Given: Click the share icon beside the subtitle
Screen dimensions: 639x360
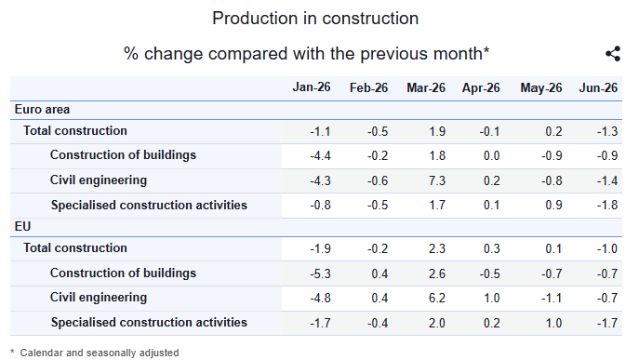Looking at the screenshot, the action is pyautogui.click(x=613, y=53).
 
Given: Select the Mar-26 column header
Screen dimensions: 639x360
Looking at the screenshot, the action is pyautogui.click(x=426, y=87).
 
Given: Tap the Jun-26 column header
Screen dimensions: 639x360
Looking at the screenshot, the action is pyautogui.click(x=598, y=87).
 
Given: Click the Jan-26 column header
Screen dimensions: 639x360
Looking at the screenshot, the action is pyautogui.click(x=312, y=87).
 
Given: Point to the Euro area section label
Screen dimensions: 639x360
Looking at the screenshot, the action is pyautogui.click(x=42, y=109).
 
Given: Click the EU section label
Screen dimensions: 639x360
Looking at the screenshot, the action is pyautogui.click(x=22, y=226).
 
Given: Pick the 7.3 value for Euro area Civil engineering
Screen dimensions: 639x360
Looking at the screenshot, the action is pyautogui.click(x=437, y=180).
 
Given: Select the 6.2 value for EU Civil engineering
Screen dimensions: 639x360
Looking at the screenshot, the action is pyautogui.click(x=437, y=298).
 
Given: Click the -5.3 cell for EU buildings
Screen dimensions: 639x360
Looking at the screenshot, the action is pyautogui.click(x=320, y=273).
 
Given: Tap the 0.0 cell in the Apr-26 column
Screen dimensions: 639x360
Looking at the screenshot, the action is pyautogui.click(x=491, y=155).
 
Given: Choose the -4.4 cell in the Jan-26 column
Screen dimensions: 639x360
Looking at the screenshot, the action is pyautogui.click(x=320, y=155).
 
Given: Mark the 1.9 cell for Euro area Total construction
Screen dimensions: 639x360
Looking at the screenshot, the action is pyautogui.click(x=437, y=132).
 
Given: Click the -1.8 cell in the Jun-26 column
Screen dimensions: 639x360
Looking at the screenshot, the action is pyautogui.click(x=607, y=205).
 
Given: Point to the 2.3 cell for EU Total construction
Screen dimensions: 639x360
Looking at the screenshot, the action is pyautogui.click(x=437, y=248).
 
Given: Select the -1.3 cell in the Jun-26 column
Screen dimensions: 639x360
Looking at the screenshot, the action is pyautogui.click(x=607, y=132).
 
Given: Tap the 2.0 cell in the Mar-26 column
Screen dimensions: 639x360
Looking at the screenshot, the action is pyautogui.click(x=437, y=323).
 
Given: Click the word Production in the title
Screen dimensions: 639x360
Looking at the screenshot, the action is pyautogui.click(x=254, y=19).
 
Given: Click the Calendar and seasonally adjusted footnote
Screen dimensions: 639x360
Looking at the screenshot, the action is pyautogui.click(x=100, y=353).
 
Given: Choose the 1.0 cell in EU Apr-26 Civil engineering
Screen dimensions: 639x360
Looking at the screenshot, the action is pyautogui.click(x=491, y=298).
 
